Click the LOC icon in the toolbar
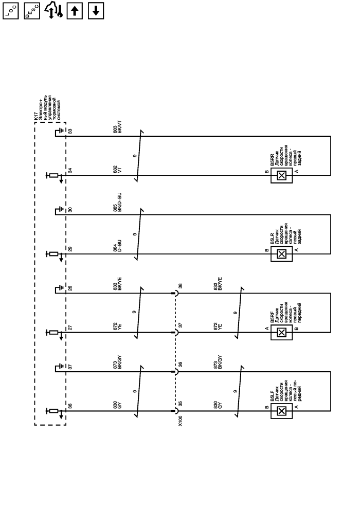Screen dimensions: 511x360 point(11,11)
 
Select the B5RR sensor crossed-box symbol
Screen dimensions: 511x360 point(281,175)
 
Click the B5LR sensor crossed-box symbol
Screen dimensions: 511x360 point(281,254)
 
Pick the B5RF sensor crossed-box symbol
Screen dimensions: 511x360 point(281,332)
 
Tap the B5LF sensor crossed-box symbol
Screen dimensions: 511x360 point(281,411)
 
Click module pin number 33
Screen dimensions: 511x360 point(70,131)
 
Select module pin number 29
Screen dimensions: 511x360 point(70,249)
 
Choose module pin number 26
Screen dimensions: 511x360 point(70,288)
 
